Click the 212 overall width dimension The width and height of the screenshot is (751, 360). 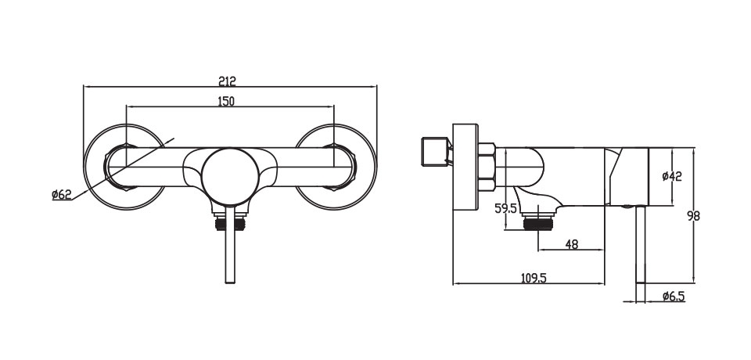tap(228, 81)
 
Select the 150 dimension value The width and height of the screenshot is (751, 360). tap(225, 101)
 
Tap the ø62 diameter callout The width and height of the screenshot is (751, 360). tap(62, 195)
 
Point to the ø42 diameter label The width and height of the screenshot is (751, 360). tap(672, 176)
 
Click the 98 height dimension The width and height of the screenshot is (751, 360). tap(692, 216)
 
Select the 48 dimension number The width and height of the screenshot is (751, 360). tap(571, 244)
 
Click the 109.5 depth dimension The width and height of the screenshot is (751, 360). tap(534, 278)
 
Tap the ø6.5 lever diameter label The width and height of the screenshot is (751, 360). tap(674, 297)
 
